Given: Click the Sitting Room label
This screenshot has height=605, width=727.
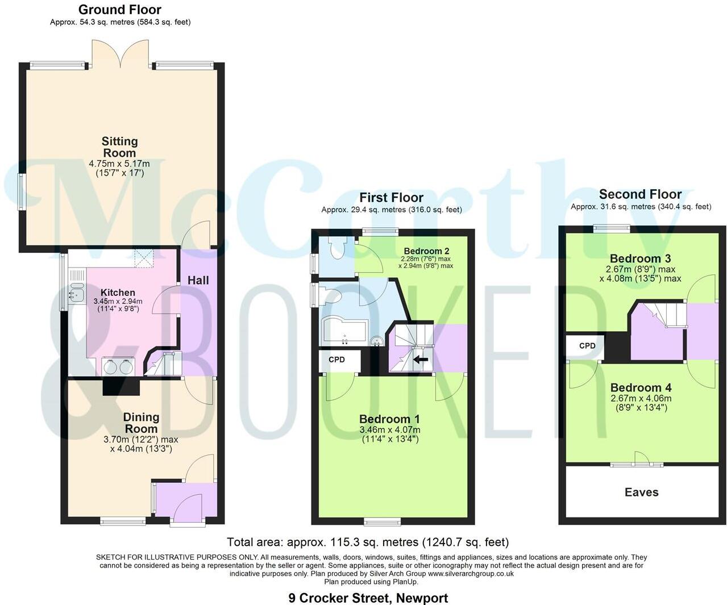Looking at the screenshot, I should (119, 147).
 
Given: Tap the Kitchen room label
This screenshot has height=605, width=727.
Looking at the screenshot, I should (118, 293).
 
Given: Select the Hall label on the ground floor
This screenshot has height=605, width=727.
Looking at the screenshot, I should (198, 280).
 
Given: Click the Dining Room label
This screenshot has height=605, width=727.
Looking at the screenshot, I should (141, 423).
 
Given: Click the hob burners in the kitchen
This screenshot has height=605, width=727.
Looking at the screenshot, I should (118, 367).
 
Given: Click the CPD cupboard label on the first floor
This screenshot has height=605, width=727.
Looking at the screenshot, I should (337, 360).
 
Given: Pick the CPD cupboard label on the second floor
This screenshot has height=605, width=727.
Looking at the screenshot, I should (587, 345).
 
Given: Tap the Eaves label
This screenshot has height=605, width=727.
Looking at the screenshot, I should (641, 493).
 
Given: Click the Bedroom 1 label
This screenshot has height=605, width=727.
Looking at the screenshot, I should (389, 420).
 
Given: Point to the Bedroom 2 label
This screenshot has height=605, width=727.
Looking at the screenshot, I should (426, 251).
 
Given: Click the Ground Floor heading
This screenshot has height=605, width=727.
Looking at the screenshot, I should (119, 10).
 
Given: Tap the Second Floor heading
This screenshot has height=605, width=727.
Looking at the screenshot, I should (640, 194).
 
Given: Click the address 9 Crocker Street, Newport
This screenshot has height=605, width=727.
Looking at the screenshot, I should (368, 598).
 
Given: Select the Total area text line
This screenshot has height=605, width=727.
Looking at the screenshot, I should (368, 542).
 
